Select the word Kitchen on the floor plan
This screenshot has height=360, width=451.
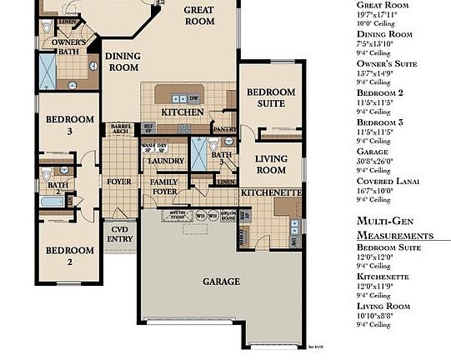[x=183, y=112]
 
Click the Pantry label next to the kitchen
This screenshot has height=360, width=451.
[x=224, y=129]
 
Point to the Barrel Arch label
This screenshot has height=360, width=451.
[x=121, y=129]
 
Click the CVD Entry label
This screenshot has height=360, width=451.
[x=120, y=235]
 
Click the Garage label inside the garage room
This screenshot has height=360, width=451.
[x=222, y=282]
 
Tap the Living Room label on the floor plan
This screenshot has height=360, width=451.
[x=270, y=165]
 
